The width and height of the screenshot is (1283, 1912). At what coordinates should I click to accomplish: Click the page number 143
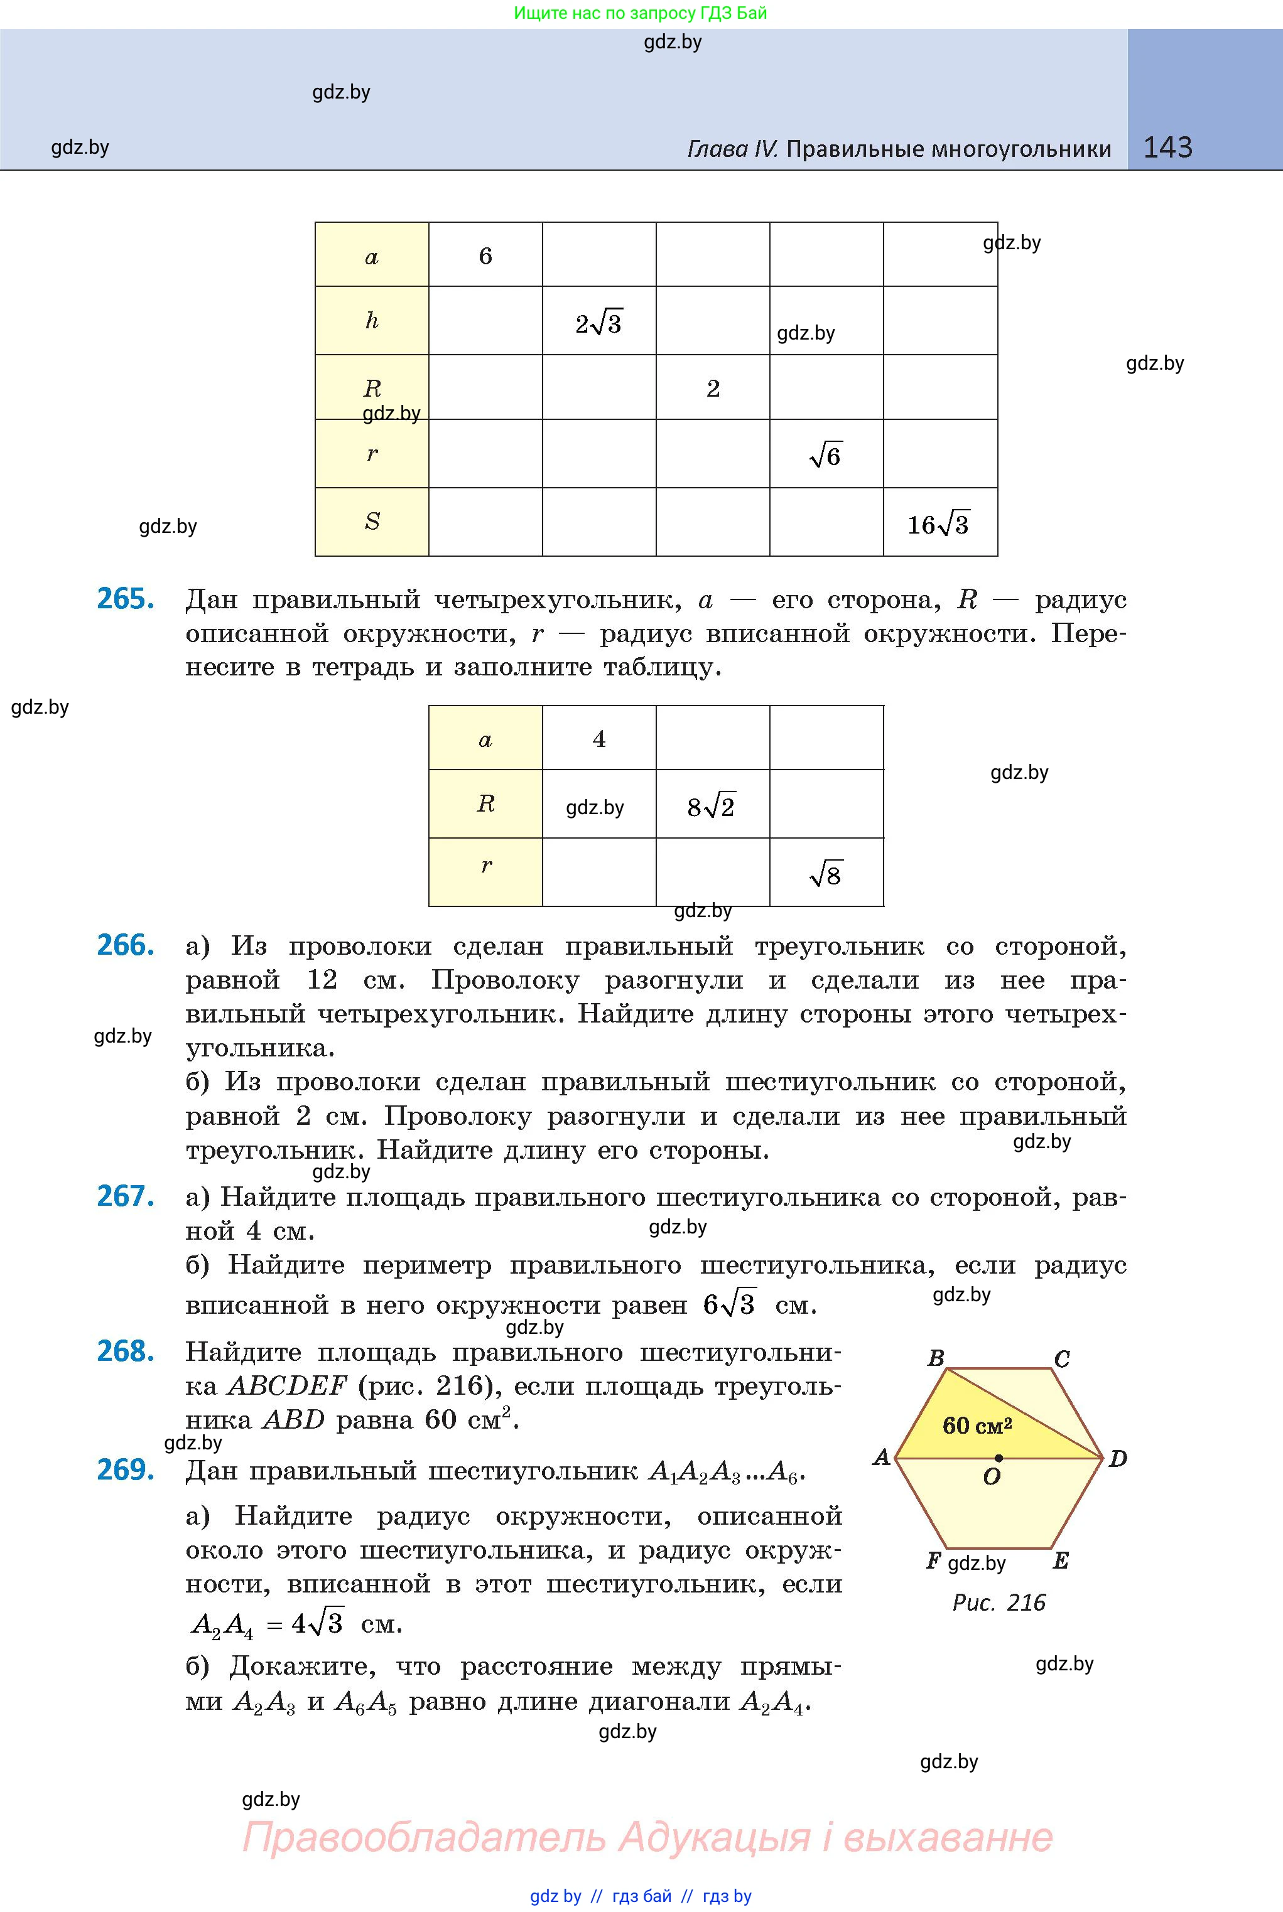click(1167, 148)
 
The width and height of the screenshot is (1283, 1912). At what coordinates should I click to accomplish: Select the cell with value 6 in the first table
click(485, 256)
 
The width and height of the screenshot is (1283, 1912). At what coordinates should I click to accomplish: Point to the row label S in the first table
click(372, 521)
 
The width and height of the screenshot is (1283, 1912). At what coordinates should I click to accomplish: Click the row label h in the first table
click(372, 321)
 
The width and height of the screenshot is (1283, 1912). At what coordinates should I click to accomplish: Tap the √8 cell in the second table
click(826, 875)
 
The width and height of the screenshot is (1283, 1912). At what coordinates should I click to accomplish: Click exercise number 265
click(125, 599)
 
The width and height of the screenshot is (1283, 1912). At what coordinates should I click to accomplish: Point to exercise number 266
click(125, 945)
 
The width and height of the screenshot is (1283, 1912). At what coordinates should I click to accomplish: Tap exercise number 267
click(125, 1196)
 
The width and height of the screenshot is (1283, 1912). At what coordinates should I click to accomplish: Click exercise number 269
click(125, 1469)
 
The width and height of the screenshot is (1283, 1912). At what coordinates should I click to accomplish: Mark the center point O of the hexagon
click(999, 1458)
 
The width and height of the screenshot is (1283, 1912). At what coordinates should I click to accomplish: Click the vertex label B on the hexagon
click(936, 1358)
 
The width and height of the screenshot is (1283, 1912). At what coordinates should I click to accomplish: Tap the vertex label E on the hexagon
click(1061, 1560)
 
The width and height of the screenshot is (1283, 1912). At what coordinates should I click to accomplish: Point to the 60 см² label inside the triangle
click(977, 1426)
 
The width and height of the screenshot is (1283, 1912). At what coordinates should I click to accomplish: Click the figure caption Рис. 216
click(999, 1602)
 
